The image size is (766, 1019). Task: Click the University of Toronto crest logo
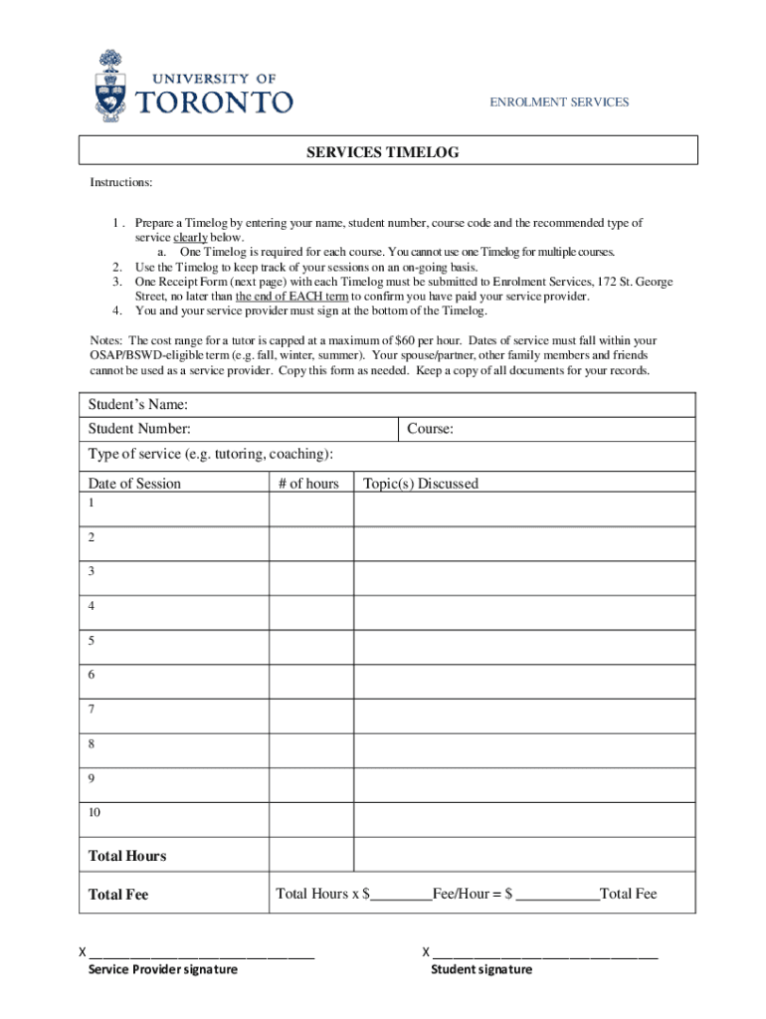[110, 88]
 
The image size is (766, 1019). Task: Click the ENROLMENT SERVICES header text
[558, 102]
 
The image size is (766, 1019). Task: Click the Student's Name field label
[138, 404]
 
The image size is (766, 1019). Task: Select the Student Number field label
[139, 429]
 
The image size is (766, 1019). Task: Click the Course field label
[430, 429]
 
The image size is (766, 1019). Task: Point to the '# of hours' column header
[308, 484]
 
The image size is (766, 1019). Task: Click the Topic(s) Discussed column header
[421, 484]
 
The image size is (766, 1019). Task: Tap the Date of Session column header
[134, 484]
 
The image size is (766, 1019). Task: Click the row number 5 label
[92, 641]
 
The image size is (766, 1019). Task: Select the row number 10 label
[95, 813]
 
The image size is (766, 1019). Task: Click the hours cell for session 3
[311, 578]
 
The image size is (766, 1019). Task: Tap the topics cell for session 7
[524, 715]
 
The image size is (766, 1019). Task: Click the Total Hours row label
[127, 856]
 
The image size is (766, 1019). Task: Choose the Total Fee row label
[118, 895]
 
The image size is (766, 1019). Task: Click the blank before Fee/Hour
[401, 895]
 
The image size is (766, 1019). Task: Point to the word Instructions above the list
[121, 182]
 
